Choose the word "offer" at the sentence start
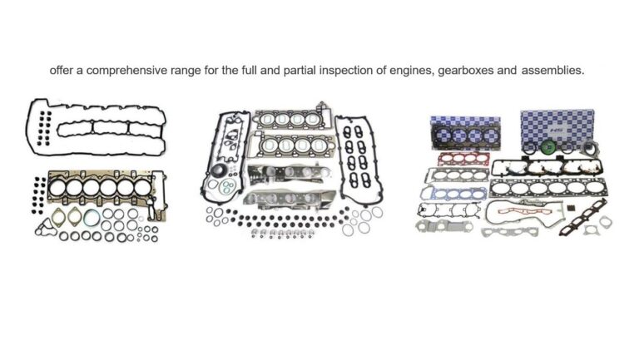point(62,71)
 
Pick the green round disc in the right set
point(547,150)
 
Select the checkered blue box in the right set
point(557,125)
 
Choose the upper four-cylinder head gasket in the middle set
point(286,121)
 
